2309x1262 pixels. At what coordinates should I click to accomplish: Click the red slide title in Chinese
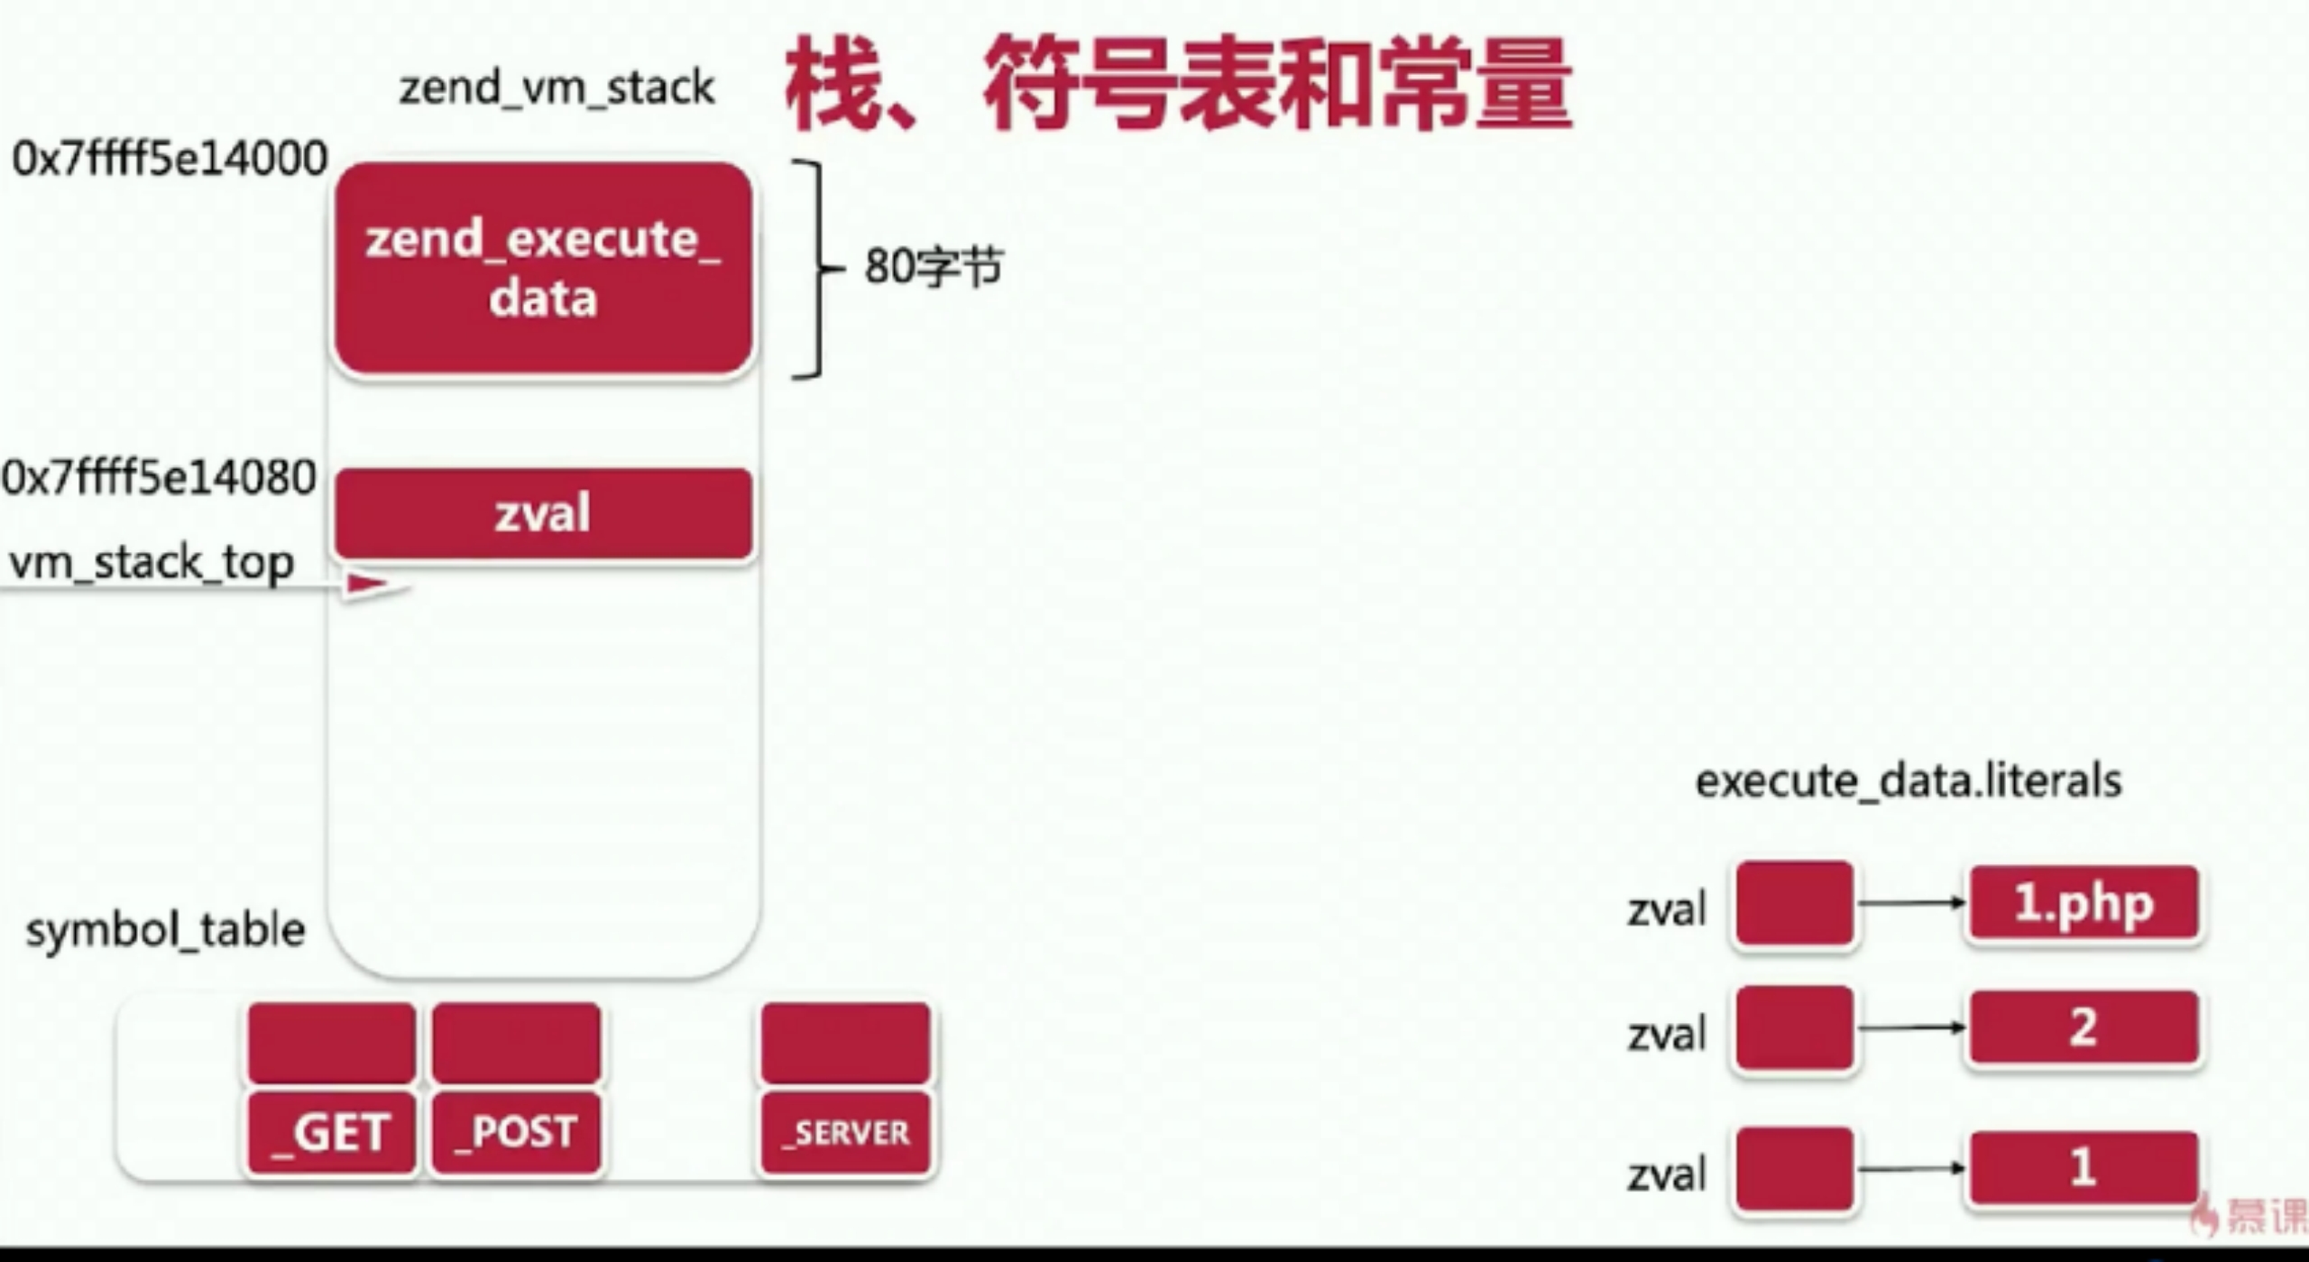1177,83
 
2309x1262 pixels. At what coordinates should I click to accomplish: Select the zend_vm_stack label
557,88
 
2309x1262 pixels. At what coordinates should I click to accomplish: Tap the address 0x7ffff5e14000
170,159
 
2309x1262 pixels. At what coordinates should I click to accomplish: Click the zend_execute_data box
543,268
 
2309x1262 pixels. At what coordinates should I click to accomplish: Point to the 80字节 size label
933,267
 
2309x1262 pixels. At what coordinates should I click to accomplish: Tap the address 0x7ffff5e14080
160,477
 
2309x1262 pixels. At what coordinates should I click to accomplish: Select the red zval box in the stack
543,513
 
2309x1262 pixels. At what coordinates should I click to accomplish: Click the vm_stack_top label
152,563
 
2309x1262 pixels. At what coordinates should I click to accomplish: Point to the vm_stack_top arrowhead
370,585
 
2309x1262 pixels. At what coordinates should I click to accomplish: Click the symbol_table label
166,930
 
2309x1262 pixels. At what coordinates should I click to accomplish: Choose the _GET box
332,1132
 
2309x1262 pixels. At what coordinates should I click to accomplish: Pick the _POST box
516,1132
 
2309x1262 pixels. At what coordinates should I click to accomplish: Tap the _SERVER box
845,1132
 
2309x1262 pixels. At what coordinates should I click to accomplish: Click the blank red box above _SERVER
845,1042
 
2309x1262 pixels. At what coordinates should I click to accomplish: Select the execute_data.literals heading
1908,781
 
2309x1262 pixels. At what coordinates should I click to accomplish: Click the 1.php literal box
2084,903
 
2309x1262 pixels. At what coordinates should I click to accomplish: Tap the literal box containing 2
2084,1027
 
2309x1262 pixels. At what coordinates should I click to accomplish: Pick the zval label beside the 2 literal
1667,1034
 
